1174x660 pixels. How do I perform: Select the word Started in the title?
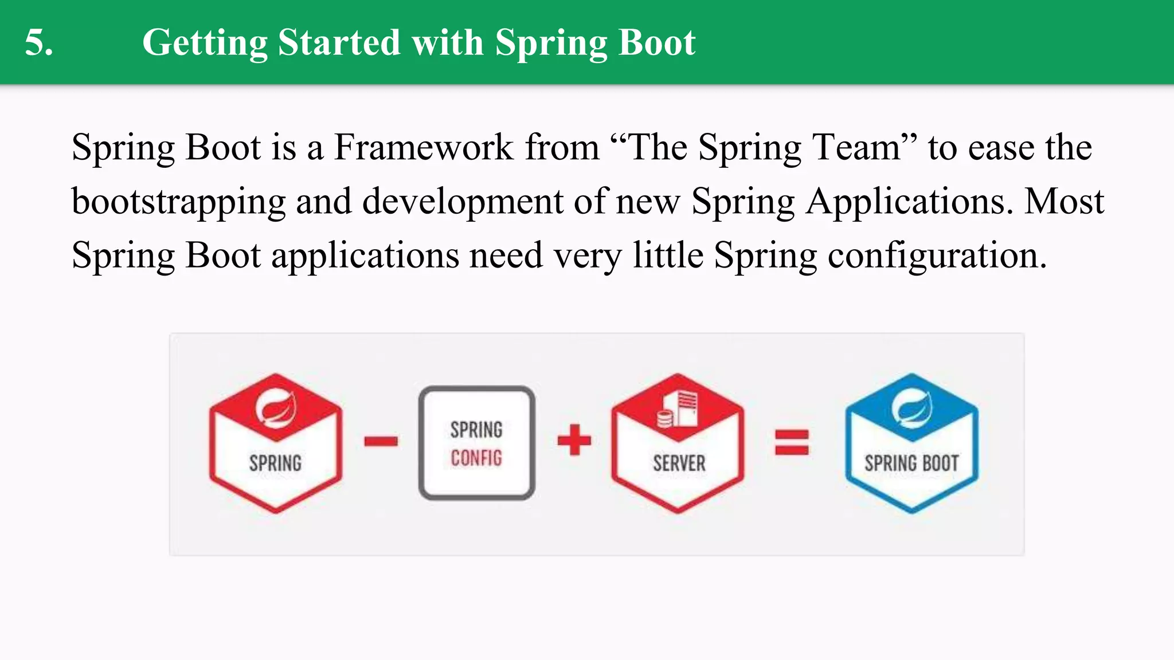[339, 43]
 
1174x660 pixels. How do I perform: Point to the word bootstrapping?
[178, 202]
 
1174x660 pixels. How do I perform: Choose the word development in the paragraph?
[463, 202]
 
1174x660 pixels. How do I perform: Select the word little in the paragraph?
[668, 256]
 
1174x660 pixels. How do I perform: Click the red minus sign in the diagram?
[381, 441]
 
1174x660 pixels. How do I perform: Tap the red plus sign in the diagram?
[574, 440]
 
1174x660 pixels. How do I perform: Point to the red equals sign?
[792, 442]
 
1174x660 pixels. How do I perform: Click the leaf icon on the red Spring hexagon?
[276, 407]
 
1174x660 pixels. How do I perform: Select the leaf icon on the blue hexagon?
[911, 407]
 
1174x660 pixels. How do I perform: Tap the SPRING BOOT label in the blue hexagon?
[911, 463]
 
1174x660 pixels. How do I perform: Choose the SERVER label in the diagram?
[679, 463]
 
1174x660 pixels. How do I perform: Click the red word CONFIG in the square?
[476, 458]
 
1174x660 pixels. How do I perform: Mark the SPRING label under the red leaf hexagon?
[275, 463]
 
